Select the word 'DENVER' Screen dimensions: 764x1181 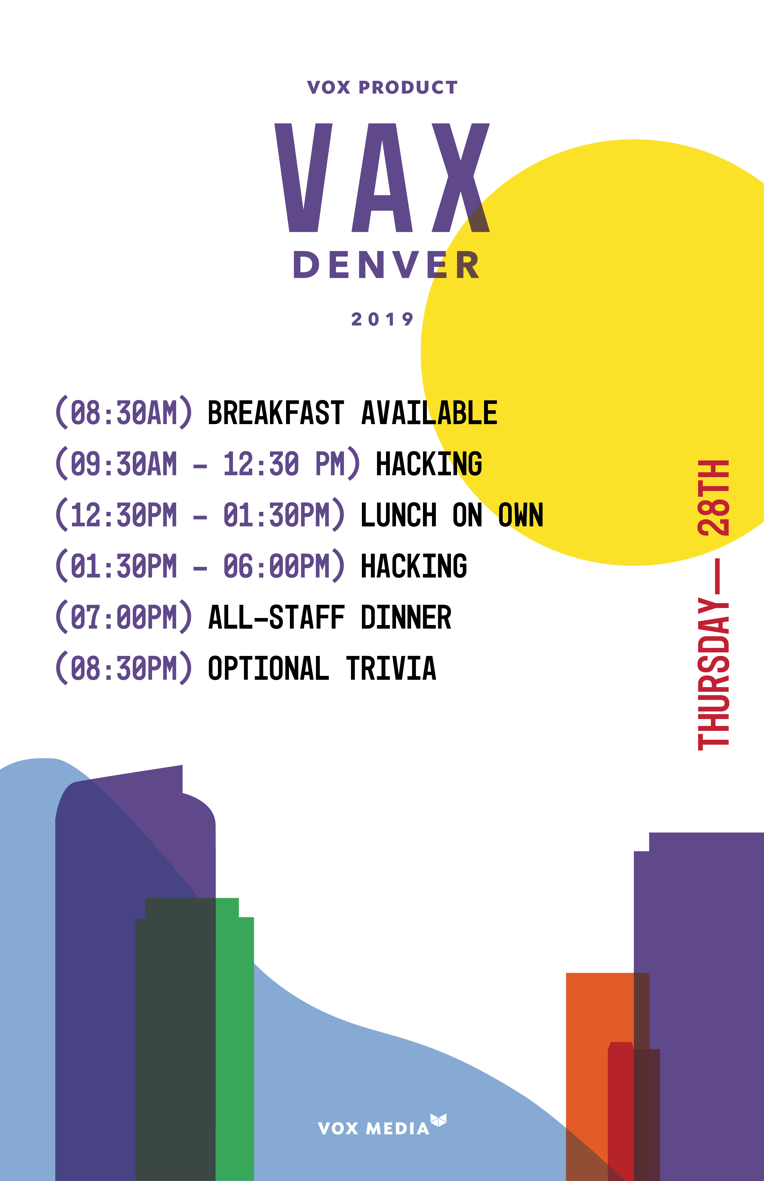pyautogui.click(x=386, y=265)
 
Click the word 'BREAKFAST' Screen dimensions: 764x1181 pyautogui.click(x=276, y=413)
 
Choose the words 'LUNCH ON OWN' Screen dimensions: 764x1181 pyautogui.click(x=452, y=514)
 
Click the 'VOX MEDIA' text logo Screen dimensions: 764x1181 pyautogui.click(x=373, y=1128)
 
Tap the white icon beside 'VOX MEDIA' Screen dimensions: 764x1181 pyautogui.click(x=438, y=1120)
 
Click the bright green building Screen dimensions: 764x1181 pyautogui.click(x=235, y=1042)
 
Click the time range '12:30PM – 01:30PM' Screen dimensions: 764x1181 pyautogui.click(x=199, y=514)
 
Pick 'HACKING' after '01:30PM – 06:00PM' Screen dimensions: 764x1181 pyautogui.click(x=414, y=566)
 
